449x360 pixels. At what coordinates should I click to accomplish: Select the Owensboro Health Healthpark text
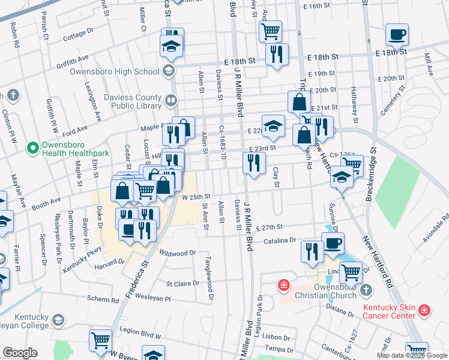click(x=74, y=149)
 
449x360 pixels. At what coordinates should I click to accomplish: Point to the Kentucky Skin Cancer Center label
click(x=388, y=310)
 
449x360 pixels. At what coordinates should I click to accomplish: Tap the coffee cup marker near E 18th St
click(x=397, y=35)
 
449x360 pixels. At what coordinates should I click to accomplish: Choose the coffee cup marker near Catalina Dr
click(x=333, y=244)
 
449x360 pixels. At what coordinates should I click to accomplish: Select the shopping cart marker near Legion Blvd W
click(x=100, y=340)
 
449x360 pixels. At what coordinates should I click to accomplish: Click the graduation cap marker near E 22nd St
click(x=273, y=125)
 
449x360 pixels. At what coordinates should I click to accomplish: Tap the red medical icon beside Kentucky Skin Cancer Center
click(x=424, y=310)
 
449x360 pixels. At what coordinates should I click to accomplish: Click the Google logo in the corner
click(x=20, y=353)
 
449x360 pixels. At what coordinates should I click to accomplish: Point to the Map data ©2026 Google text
click(x=411, y=355)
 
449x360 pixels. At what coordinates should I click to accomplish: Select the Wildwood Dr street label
click(x=178, y=253)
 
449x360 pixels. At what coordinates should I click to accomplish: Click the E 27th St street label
click(x=269, y=227)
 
